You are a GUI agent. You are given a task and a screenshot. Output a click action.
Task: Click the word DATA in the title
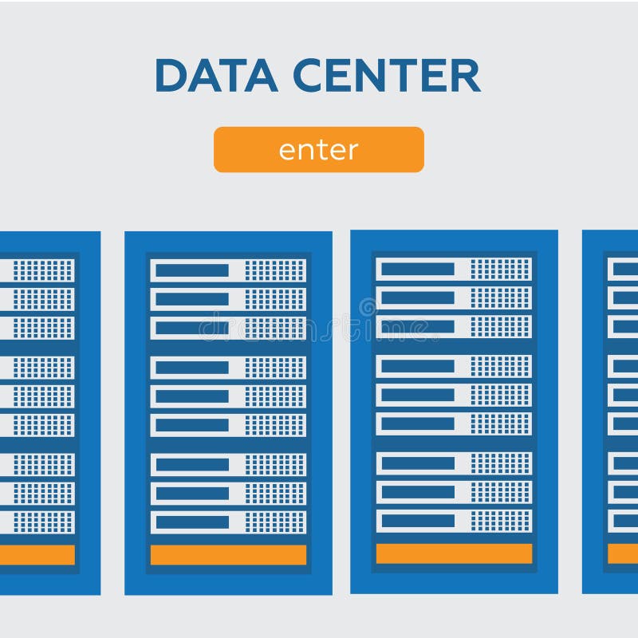(215, 76)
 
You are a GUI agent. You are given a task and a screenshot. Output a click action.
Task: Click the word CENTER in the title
(386, 76)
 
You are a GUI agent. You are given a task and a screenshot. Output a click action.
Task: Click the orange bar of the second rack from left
(228, 555)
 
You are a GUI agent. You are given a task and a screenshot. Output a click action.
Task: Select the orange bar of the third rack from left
(454, 553)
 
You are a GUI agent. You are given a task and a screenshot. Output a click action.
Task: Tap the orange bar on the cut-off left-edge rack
(37, 555)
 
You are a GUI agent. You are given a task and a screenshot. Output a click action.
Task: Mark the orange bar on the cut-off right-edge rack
(623, 553)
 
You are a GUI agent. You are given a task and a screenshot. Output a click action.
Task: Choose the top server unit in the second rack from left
(228, 270)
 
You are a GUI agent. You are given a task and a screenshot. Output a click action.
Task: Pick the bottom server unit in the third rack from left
(454, 521)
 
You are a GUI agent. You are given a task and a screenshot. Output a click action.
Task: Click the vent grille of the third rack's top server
(501, 269)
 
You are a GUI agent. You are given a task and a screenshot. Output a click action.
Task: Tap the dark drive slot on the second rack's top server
(191, 270)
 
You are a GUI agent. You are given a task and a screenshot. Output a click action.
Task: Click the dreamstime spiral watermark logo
(368, 307)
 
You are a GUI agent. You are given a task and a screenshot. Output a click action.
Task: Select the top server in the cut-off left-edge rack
(37, 270)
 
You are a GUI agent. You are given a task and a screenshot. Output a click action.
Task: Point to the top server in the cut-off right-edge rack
(623, 269)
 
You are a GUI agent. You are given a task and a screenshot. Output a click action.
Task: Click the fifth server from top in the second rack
(228, 396)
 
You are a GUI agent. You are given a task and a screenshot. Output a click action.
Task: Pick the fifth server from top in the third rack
(454, 395)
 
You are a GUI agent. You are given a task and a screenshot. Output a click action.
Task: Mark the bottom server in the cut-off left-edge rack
(37, 522)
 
